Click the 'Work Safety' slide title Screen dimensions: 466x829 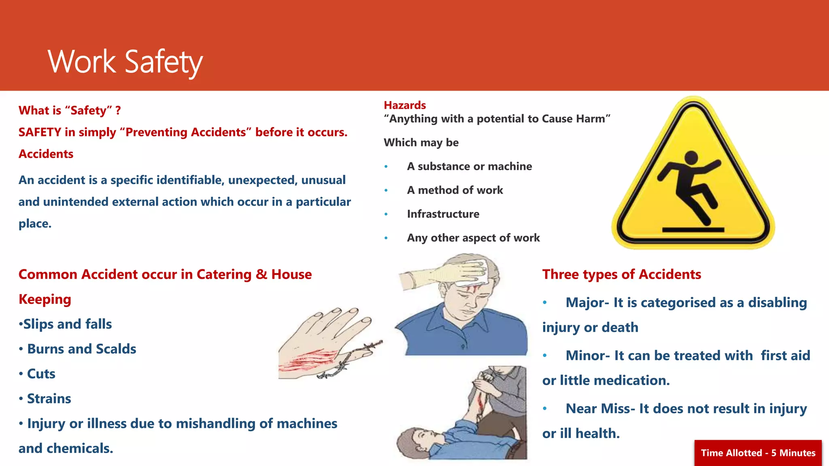125,61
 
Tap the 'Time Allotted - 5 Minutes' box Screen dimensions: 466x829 758,453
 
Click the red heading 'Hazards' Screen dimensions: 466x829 404,105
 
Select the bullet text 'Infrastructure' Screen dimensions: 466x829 443,214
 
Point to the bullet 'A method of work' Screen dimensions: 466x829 455,190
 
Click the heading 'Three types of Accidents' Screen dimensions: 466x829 621,274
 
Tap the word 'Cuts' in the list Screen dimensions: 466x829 41,374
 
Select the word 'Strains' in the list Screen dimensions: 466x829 49,399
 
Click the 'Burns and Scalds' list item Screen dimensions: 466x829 81,349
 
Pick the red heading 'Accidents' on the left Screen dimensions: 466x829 46,154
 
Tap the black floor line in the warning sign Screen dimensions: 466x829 693,230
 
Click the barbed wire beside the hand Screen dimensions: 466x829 352,358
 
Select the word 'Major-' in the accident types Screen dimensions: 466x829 587,303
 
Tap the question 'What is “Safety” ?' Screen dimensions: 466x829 70,110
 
